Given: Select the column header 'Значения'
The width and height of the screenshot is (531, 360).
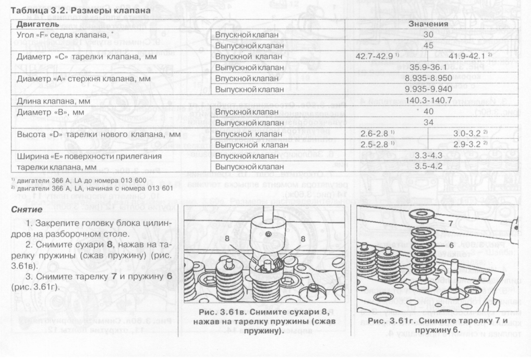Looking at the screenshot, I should point(429,25).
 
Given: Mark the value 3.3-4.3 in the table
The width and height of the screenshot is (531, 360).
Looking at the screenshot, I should point(429,156).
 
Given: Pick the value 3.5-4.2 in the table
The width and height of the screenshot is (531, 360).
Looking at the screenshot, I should point(429,167).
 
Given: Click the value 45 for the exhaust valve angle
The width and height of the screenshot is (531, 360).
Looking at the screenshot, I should point(429,46).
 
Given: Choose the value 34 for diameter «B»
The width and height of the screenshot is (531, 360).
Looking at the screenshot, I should point(429,123).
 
